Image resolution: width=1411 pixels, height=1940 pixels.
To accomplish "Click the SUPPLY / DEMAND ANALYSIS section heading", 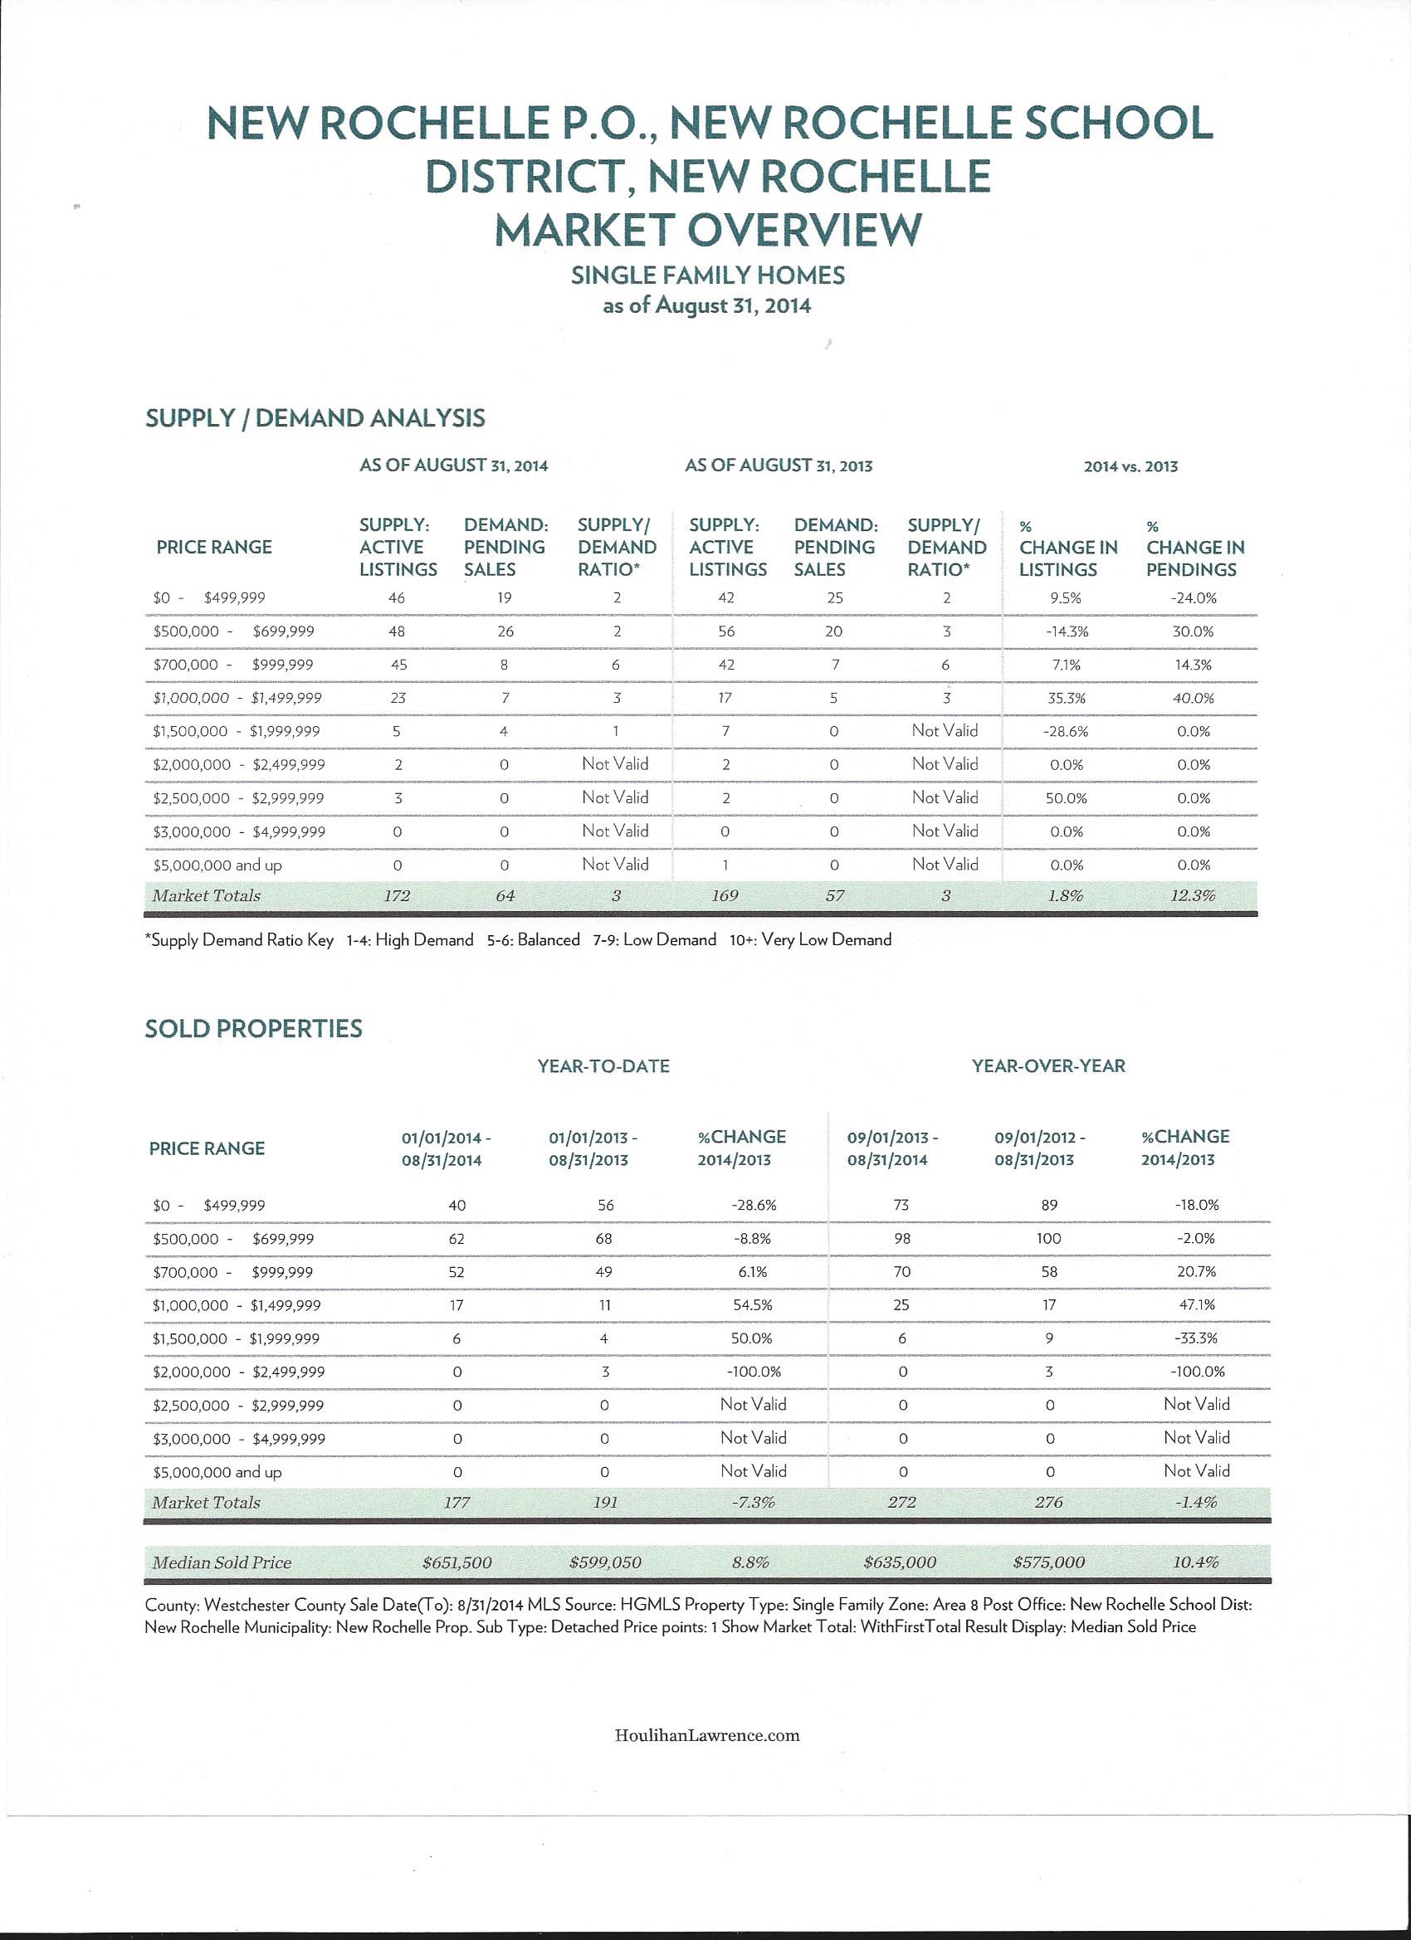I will point(315,418).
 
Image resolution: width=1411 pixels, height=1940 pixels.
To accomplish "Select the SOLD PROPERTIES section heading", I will point(253,1028).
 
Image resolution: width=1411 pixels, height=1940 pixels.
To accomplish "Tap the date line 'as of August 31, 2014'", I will point(707,305).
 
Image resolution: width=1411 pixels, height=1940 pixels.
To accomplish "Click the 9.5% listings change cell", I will point(1066,598).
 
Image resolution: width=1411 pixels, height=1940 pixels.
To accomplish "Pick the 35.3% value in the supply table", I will point(1067,698).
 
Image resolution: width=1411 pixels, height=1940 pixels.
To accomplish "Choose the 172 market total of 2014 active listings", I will point(397,895).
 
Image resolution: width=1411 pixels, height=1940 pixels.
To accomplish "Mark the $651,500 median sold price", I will point(457,1562).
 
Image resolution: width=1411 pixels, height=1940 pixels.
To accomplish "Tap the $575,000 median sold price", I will point(1048,1562).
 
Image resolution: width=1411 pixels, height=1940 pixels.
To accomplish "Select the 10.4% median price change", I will point(1195,1562).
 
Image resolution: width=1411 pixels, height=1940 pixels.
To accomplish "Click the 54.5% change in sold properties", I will point(752,1305).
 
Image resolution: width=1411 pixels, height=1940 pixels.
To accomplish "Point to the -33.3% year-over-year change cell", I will point(1196,1338).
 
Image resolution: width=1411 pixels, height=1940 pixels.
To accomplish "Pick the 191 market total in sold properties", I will point(605,1502).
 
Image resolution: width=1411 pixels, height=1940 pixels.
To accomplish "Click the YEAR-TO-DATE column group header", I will point(603,1065).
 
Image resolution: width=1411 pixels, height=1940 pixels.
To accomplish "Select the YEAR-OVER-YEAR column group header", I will point(1048,1065).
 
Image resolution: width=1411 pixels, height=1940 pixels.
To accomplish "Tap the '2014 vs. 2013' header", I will point(1130,467).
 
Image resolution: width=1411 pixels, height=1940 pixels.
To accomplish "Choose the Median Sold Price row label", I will point(222,1562).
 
